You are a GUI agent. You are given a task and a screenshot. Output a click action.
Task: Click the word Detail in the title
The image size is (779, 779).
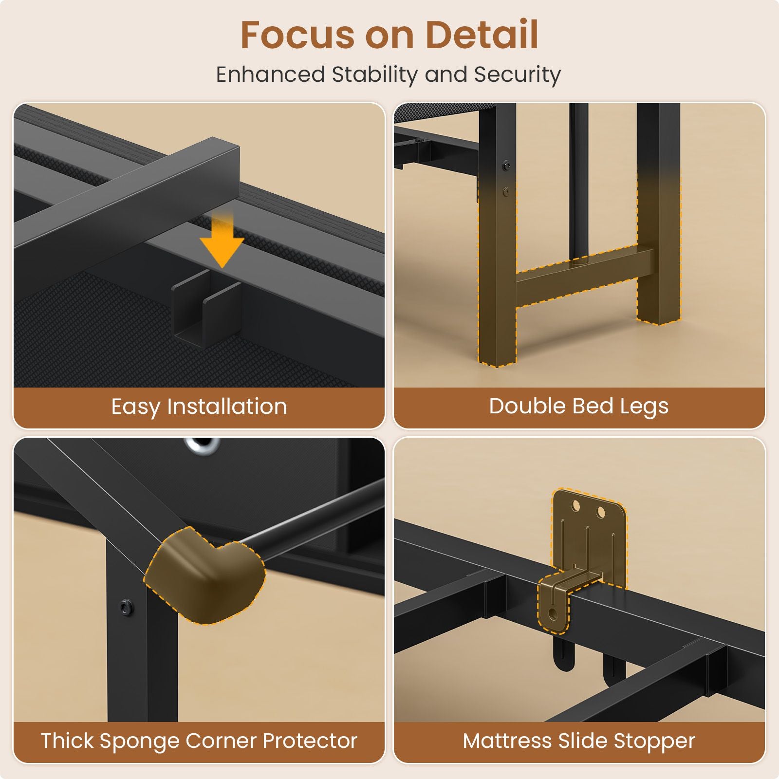482,35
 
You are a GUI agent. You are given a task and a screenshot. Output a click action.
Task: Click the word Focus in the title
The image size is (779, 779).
297,35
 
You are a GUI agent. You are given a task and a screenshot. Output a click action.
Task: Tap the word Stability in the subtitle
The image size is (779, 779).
374,75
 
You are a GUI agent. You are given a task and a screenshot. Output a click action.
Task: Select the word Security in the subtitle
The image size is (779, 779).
517,75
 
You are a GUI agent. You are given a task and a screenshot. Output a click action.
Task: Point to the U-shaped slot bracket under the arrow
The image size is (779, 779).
206,308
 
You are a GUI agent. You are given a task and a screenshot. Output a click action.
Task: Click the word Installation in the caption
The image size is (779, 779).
227,407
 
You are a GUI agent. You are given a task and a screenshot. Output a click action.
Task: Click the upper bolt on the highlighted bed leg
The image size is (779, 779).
506,166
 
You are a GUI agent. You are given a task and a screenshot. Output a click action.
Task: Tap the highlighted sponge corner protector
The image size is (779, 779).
205,575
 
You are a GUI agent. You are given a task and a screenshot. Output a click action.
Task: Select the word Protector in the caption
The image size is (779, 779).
310,741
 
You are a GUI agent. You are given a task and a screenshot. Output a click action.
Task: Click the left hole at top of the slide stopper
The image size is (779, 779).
576,506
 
